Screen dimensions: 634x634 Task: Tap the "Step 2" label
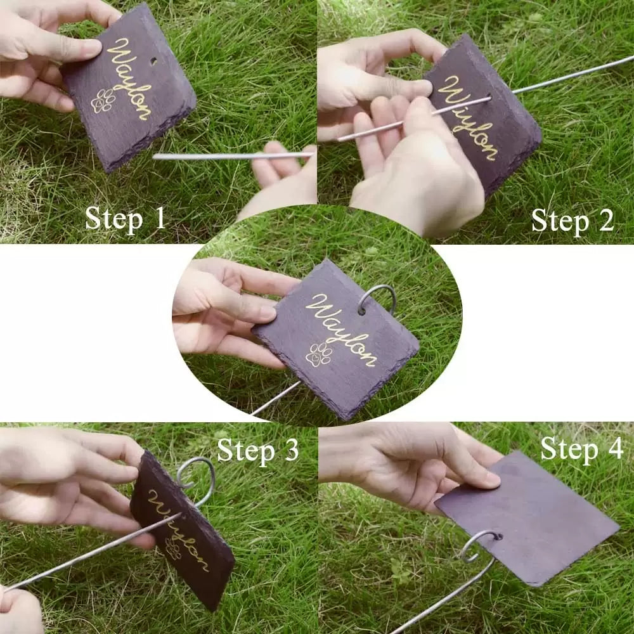point(573,221)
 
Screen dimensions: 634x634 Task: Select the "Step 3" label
point(258,451)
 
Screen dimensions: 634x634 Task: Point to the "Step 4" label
point(582,449)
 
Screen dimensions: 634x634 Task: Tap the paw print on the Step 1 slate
point(103,101)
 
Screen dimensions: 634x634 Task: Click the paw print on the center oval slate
point(319,354)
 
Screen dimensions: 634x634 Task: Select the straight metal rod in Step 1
point(233,156)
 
